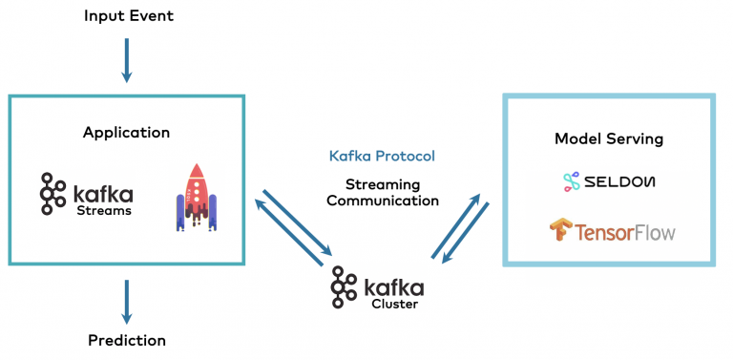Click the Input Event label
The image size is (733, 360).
[128, 16]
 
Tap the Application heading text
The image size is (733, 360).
[126, 133]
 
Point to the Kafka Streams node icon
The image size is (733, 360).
[52, 193]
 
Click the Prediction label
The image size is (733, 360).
[127, 340]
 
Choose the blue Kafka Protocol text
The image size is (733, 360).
[382, 156]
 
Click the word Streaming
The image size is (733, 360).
[382, 183]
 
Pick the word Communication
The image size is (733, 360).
[382, 201]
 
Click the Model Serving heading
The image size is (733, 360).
[609, 138]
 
